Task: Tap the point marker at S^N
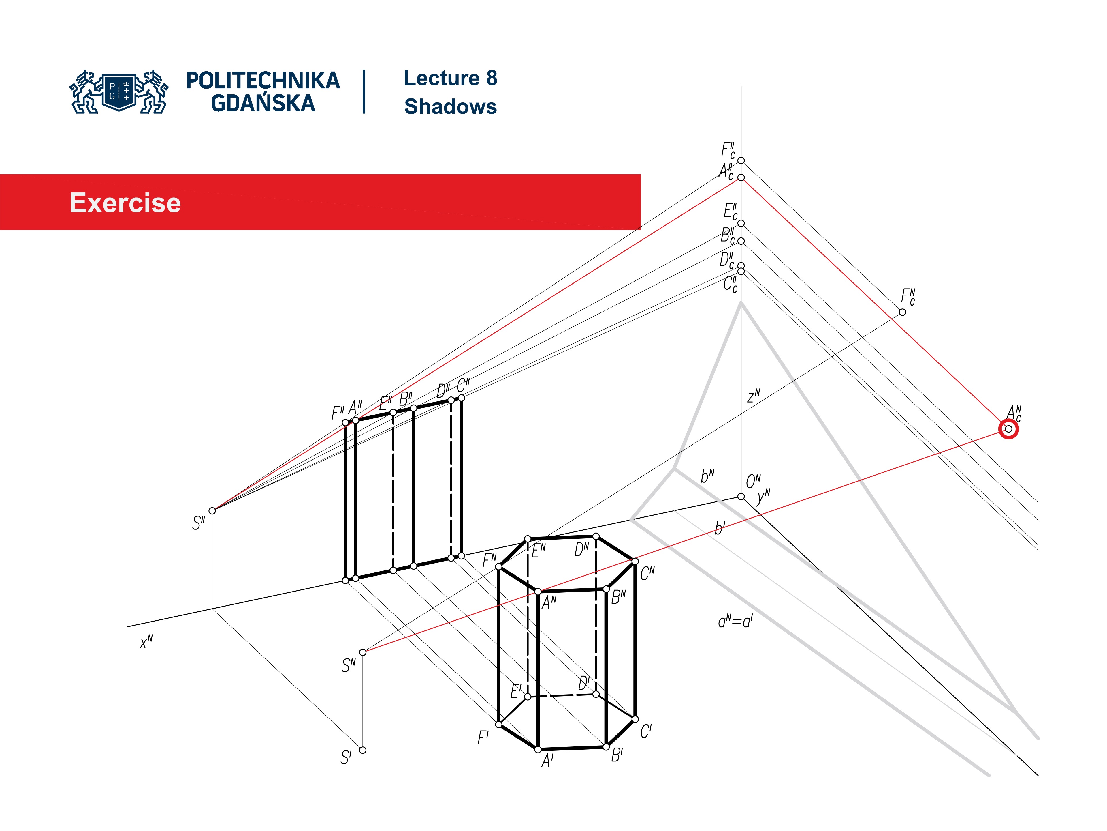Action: click(363, 652)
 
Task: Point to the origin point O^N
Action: click(741, 496)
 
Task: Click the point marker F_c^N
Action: click(902, 312)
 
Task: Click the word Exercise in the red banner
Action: click(125, 203)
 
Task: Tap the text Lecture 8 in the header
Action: click(450, 78)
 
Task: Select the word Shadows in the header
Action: click(450, 107)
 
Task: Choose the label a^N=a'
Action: click(735, 622)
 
